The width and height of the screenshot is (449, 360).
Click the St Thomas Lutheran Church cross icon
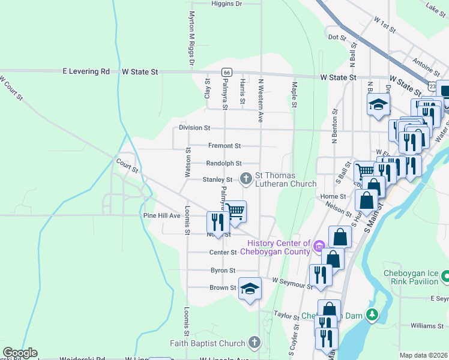coord(246,178)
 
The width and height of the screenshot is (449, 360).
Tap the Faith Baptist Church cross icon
coord(254,343)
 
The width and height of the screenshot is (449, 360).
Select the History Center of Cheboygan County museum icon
coord(319,245)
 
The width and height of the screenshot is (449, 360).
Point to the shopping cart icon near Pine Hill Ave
coord(235,211)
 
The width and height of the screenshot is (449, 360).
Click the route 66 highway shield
coord(226,72)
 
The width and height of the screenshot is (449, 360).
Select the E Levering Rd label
coord(86,71)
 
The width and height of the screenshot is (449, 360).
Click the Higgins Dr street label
coord(226,4)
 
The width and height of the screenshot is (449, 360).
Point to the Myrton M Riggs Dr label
coord(192,38)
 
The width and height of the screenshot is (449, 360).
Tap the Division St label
coord(194,128)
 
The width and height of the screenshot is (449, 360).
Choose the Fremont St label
coord(224,146)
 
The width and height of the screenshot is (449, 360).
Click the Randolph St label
coord(223,163)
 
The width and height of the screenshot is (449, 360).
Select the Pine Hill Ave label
coord(161,215)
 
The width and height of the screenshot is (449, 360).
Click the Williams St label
coord(427,326)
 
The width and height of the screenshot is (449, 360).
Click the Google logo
coord(20,353)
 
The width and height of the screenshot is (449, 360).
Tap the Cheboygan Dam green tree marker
coord(372,315)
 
